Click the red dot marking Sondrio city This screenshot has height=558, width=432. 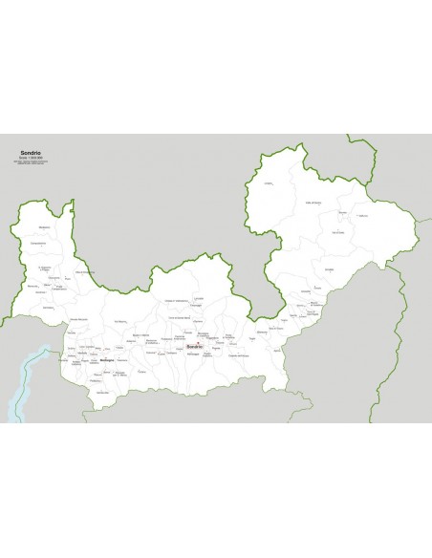197,346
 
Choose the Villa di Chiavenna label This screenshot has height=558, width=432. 84,274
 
